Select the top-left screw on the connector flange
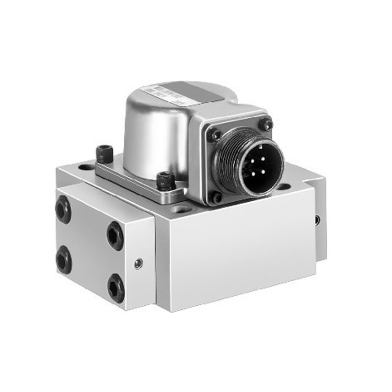(x=214, y=135)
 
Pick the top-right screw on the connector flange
(x=267, y=124)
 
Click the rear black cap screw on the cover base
(x=105, y=152)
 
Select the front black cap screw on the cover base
(x=166, y=180)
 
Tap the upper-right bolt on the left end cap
(x=115, y=236)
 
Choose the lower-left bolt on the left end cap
(x=63, y=259)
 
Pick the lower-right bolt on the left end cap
(x=116, y=287)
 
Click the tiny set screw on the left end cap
(x=138, y=264)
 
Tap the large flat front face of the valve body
(x=240, y=251)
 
